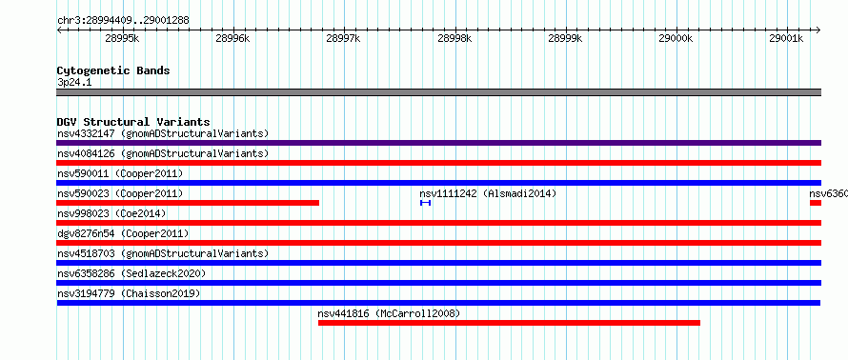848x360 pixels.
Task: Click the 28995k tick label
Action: point(122,38)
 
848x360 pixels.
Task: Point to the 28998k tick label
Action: point(454,38)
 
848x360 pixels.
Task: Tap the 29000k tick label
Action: point(676,38)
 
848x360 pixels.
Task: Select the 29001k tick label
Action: point(786,38)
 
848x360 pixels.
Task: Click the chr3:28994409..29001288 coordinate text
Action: point(123,21)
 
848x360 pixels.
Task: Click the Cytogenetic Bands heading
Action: point(113,70)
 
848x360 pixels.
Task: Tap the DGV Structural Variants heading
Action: point(133,122)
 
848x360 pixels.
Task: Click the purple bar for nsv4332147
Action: point(438,143)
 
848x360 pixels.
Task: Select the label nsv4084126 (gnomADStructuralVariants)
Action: point(163,153)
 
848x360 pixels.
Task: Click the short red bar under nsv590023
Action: point(188,203)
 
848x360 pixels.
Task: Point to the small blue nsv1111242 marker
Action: point(426,203)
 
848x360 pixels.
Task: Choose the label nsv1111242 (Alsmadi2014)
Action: point(488,193)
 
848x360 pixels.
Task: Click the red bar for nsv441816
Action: point(509,323)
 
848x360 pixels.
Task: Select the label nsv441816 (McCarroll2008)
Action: point(389,313)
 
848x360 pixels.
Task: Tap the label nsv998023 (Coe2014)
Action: point(111,213)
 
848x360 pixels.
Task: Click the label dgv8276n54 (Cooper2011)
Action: point(123,233)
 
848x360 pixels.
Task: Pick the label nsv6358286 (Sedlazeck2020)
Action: point(131,273)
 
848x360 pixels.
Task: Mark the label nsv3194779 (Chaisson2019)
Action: point(129,293)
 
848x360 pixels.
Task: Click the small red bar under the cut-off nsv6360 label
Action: point(816,203)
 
